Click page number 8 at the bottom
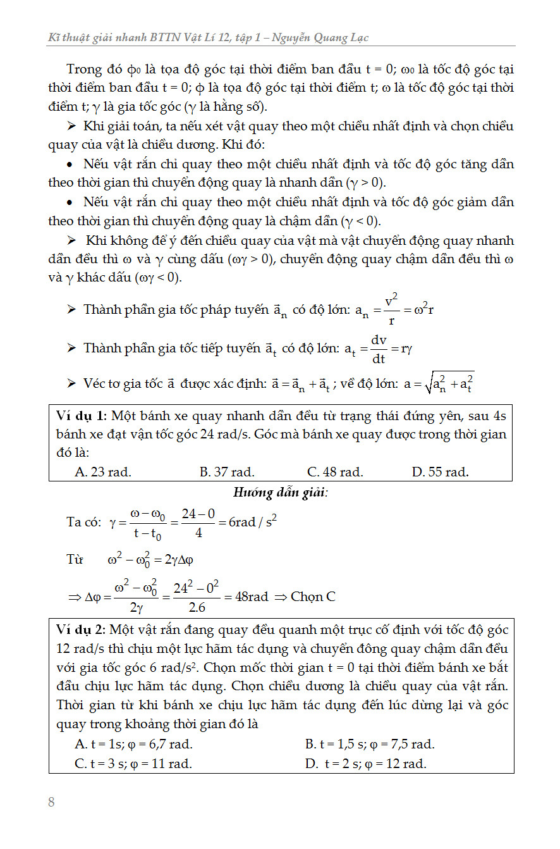pos(52,803)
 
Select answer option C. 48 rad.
pos(335,472)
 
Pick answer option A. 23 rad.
pos(103,472)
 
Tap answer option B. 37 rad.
pos(227,472)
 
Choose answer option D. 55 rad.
pos(440,472)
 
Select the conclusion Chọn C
pos(313,597)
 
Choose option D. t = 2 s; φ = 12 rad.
pos(365,764)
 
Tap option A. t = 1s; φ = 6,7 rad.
pos(133,745)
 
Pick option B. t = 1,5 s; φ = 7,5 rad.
pos(370,745)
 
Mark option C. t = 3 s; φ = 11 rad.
pos(133,764)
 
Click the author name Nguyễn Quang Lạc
pos(323,38)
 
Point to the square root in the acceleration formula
pos(445,383)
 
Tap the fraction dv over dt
pos(379,349)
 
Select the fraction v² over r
pos(391,310)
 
